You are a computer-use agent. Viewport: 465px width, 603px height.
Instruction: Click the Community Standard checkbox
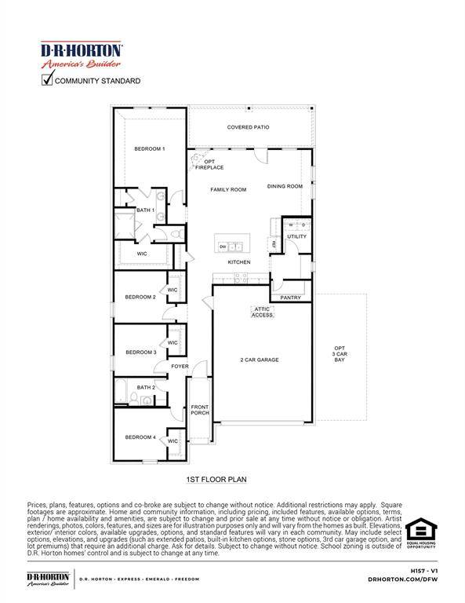[x=48, y=79]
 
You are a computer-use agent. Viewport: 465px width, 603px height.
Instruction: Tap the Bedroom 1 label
[x=149, y=148]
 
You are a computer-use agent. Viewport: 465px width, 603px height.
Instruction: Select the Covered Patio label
[x=249, y=126]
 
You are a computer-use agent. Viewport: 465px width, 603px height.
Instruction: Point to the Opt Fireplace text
[x=215, y=165]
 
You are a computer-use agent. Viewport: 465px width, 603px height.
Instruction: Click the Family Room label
[x=228, y=189]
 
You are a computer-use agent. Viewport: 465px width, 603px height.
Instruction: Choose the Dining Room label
[x=285, y=186]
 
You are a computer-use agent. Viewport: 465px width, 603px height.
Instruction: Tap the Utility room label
[x=297, y=236]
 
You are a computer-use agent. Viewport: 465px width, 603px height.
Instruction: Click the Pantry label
[x=290, y=298]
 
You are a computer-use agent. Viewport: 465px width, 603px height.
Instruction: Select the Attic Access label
[x=262, y=312]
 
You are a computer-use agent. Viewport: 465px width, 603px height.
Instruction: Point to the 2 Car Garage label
[x=260, y=360]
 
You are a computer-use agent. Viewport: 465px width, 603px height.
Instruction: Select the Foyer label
[x=180, y=367]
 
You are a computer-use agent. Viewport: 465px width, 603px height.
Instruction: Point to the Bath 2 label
[x=146, y=387]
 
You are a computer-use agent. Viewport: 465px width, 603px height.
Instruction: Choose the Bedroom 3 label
[x=141, y=352]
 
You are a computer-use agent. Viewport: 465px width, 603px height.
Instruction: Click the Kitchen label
[x=239, y=261]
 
